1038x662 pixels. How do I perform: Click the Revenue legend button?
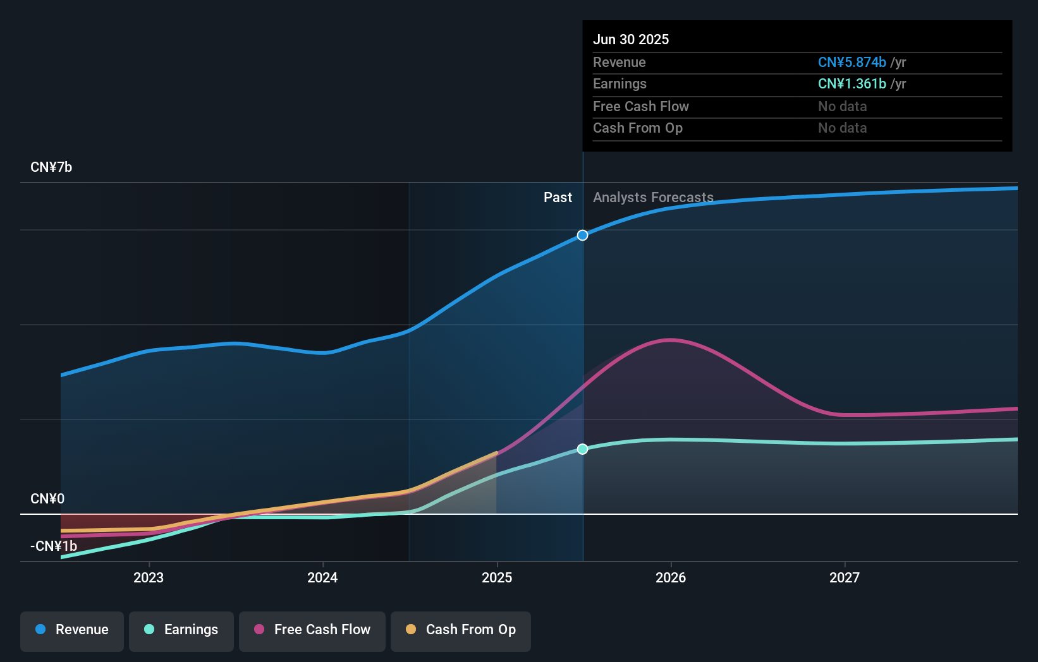[72, 630]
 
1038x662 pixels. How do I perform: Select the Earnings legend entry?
[181, 630]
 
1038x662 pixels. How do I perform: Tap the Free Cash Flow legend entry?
[312, 630]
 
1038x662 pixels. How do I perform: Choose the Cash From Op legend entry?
[461, 630]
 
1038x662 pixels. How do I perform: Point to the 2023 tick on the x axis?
[149, 577]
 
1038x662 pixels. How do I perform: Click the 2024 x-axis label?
[322, 577]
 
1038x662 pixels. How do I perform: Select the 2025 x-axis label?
[497, 577]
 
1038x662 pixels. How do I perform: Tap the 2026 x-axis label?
[671, 577]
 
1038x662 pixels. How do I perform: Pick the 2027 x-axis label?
[845, 577]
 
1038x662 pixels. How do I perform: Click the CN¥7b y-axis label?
[51, 167]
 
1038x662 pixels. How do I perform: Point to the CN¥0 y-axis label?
[47, 499]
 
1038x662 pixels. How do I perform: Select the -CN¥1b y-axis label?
[54, 546]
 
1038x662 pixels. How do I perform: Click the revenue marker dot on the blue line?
[582, 235]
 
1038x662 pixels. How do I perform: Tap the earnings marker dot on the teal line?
[582, 449]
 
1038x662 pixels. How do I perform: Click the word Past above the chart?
[558, 198]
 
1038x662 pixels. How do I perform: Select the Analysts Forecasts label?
[653, 198]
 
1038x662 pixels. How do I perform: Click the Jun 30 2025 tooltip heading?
[630, 39]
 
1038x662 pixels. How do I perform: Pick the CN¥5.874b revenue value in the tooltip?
[852, 63]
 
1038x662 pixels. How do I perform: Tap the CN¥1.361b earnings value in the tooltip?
[852, 84]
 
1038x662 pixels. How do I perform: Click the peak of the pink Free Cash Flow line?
[670, 340]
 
